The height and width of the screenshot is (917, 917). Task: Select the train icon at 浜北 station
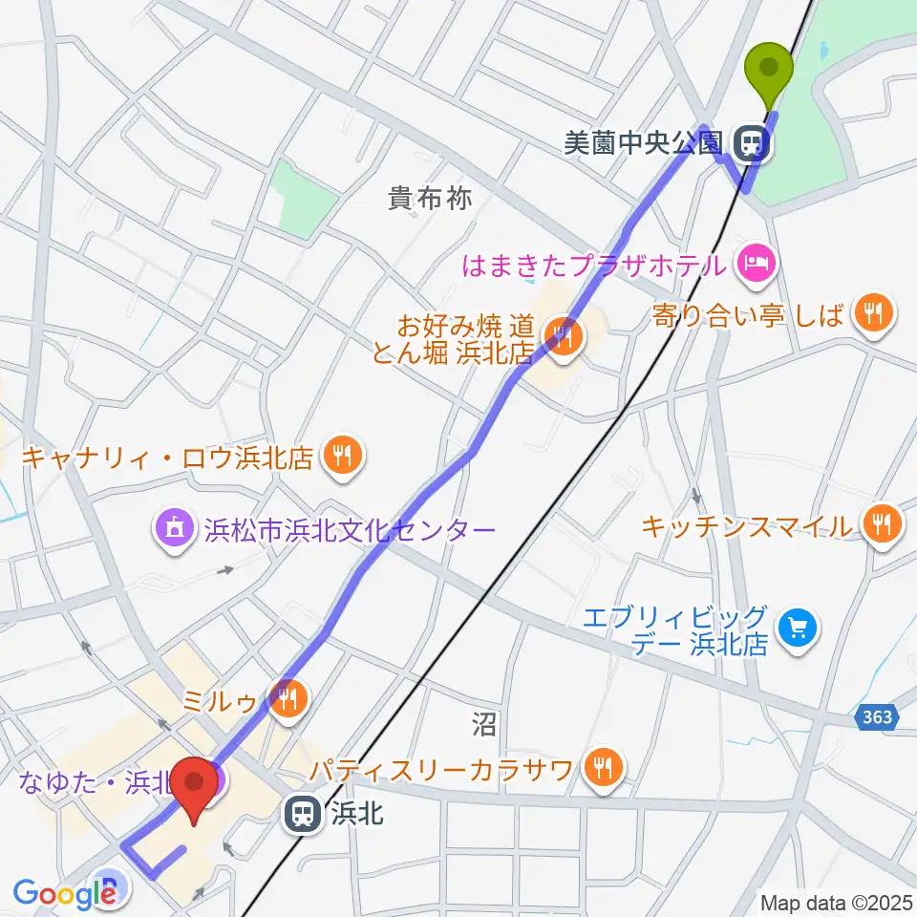pyautogui.click(x=303, y=814)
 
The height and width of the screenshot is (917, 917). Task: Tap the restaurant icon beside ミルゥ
pyautogui.click(x=287, y=700)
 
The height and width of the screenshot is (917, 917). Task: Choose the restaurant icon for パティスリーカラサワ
pyautogui.click(x=604, y=767)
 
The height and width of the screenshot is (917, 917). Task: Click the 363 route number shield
pyautogui.click(x=876, y=718)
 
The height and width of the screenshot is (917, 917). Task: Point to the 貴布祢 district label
pyautogui.click(x=430, y=199)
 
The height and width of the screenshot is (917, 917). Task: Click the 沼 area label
pyautogui.click(x=483, y=725)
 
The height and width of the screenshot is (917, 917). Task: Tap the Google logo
pyautogui.click(x=63, y=893)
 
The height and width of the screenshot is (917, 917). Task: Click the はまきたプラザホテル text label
pyautogui.click(x=594, y=265)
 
